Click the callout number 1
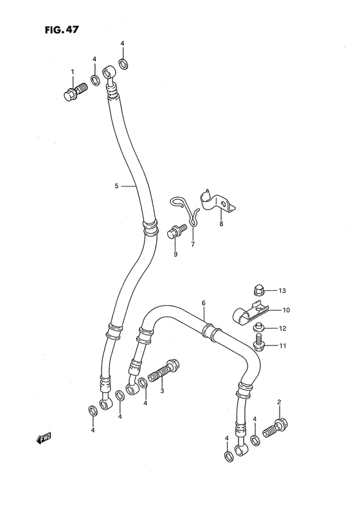(x=73, y=72)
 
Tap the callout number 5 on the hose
(x=116, y=186)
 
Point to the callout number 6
(x=203, y=303)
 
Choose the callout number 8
(x=221, y=225)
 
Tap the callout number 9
(x=174, y=254)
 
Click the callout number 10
(x=286, y=310)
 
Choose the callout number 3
(x=162, y=391)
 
